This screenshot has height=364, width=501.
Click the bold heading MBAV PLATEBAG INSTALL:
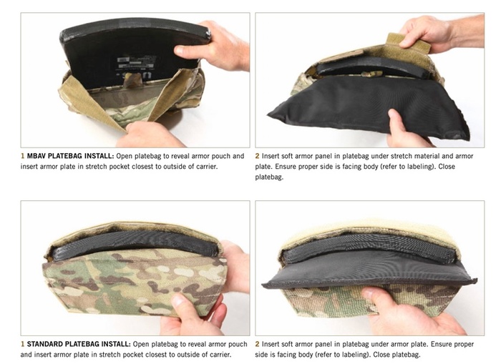[x=70, y=156]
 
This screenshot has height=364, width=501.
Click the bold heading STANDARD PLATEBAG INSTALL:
[x=79, y=344]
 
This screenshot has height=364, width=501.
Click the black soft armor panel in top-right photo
[x=367, y=102]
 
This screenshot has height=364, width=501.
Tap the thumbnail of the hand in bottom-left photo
[x=178, y=300]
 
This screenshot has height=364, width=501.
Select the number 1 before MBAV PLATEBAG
[x=22, y=156]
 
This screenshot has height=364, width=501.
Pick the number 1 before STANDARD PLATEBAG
[x=22, y=344]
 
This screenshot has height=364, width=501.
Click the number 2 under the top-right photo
[x=257, y=156]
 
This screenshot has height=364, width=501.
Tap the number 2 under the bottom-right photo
[x=257, y=344]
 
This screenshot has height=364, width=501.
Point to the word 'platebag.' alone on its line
[x=269, y=177]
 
